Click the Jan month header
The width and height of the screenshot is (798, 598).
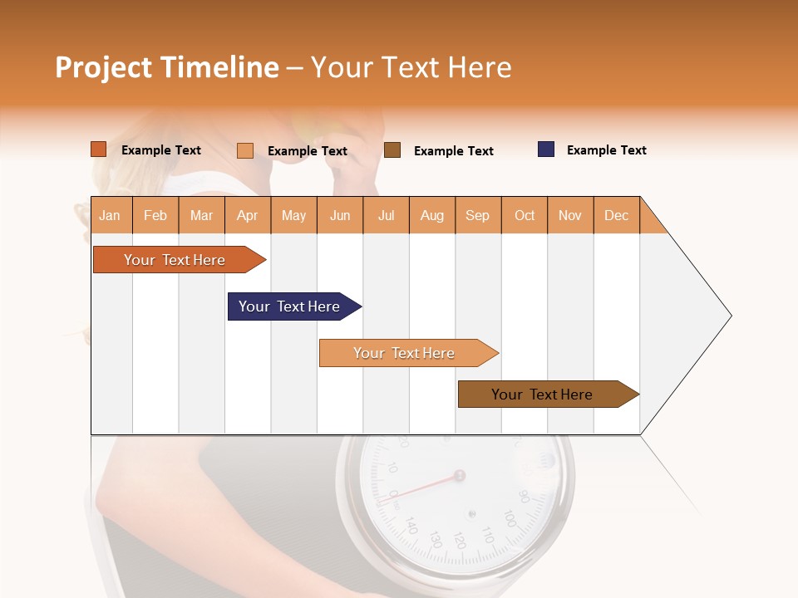tap(111, 215)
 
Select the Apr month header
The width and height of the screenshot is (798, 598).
tap(247, 215)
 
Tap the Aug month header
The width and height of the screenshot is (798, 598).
tap(431, 215)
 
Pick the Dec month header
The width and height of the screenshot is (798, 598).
tap(616, 215)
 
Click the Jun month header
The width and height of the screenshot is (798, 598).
tap(339, 215)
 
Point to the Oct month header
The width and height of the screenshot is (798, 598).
tap(524, 215)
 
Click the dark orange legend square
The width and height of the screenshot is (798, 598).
tap(98, 149)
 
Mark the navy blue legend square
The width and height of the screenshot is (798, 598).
tap(546, 149)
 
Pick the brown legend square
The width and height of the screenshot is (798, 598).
tap(392, 150)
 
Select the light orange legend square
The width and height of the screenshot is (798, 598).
tap(244, 150)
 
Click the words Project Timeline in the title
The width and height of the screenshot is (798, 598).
tap(166, 67)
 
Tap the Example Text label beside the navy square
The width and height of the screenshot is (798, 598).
tap(606, 150)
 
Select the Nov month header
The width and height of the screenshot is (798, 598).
tap(569, 215)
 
